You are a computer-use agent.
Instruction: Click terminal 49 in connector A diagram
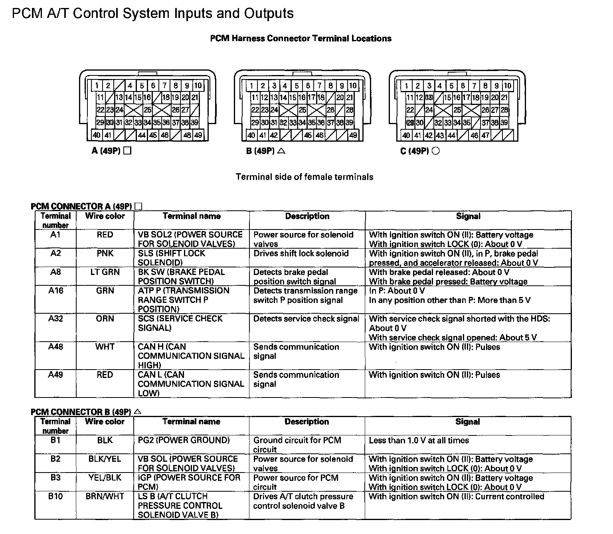tap(198, 135)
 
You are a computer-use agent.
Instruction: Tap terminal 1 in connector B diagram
tap(251, 86)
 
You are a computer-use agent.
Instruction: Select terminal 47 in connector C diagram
tap(485, 135)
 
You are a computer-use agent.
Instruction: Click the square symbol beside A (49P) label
tap(127, 151)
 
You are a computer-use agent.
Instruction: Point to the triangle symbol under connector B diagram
tap(281, 151)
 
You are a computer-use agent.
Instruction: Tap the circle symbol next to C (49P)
tap(436, 151)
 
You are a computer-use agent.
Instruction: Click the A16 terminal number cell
tap(55, 291)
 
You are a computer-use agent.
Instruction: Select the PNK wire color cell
tap(105, 253)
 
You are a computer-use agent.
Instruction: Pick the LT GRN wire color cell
tap(105, 272)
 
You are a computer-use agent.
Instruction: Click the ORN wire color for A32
tap(105, 318)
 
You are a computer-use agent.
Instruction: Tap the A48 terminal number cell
tap(55, 347)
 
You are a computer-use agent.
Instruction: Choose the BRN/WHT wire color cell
tap(105, 496)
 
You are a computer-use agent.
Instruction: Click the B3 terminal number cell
tap(55, 478)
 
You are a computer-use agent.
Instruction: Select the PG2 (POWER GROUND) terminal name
tap(184, 440)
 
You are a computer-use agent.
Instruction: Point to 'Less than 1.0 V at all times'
tap(419, 440)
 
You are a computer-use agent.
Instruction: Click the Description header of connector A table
tap(307, 216)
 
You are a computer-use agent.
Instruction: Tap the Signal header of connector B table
tap(468, 422)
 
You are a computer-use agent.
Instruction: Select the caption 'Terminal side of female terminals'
tap(305, 177)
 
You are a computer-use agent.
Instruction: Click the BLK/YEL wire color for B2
tap(105, 459)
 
